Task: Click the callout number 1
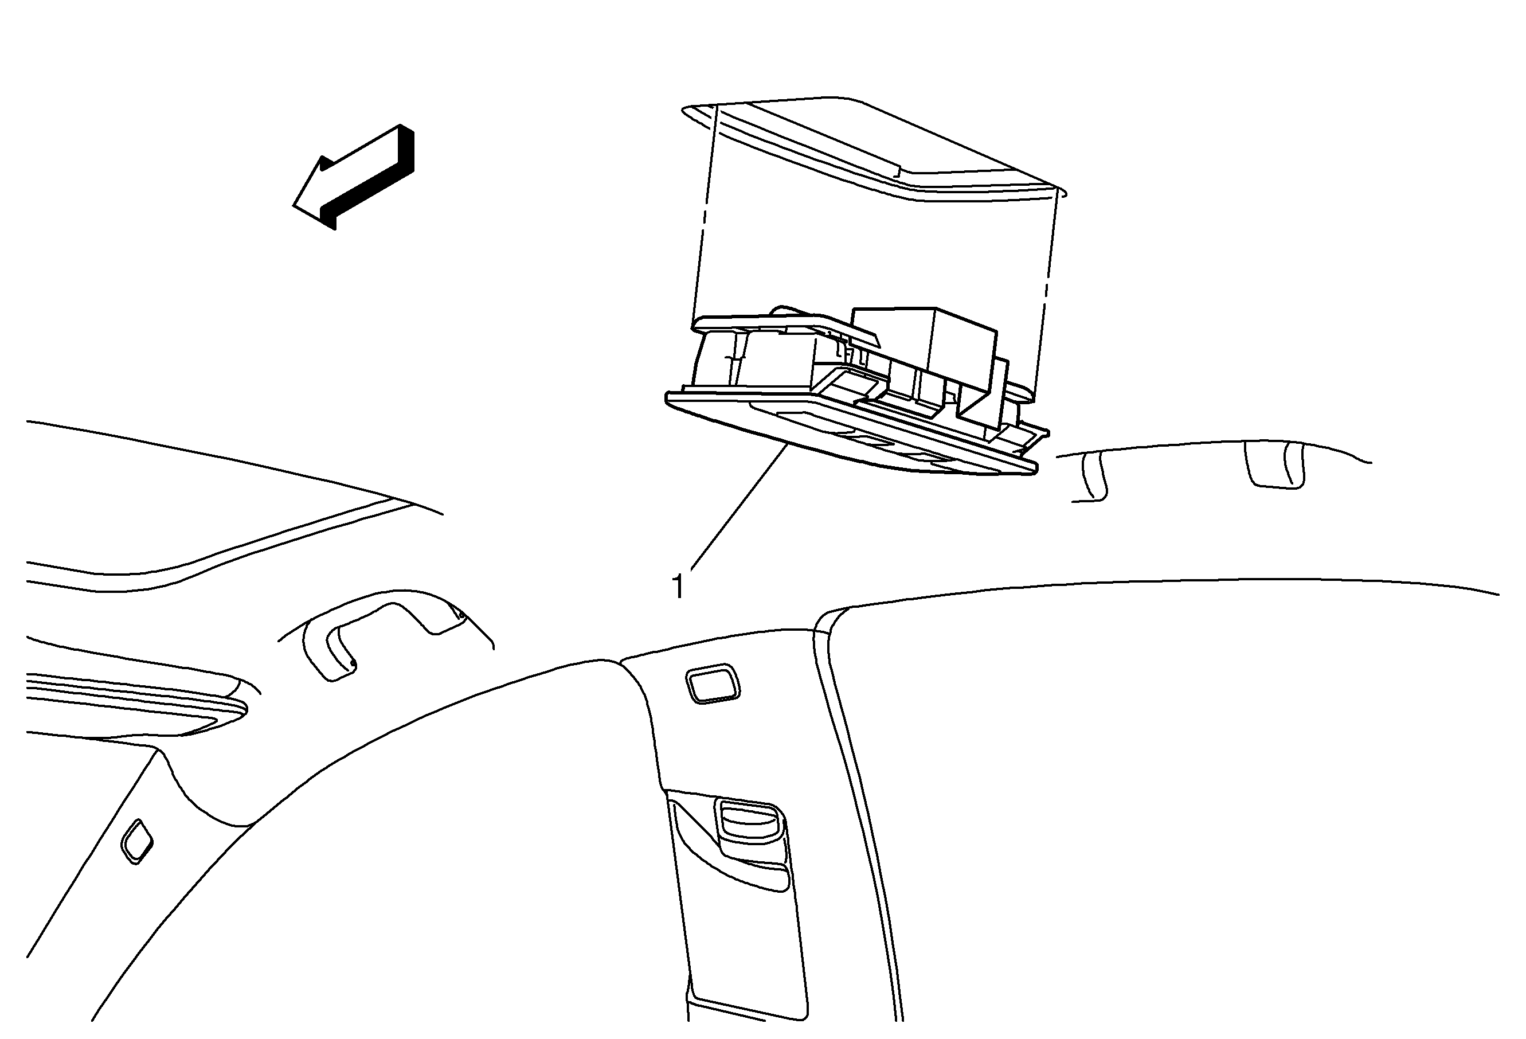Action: (678, 587)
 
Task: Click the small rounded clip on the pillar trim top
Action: (713, 683)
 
